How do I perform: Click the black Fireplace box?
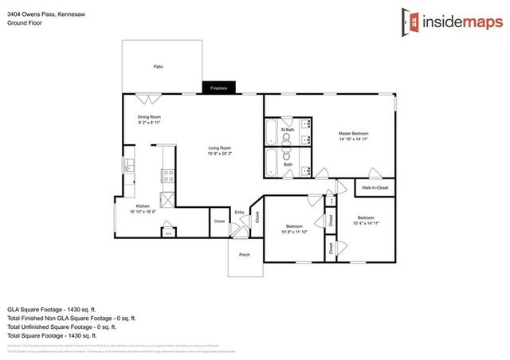coord(218,88)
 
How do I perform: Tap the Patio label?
coord(159,67)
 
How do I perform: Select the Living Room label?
coord(220,147)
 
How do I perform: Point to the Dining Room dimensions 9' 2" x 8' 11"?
coord(149,123)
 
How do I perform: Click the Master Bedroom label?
coord(353,133)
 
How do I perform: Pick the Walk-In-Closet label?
coord(375,188)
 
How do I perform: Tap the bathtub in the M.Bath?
coord(271,130)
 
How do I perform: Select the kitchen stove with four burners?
coord(168,175)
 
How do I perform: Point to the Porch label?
coord(244,254)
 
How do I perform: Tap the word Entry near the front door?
coord(239,212)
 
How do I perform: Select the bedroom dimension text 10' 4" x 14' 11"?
coord(365,224)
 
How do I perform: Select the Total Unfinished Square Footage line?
coord(62,327)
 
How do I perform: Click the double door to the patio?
coord(148,99)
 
